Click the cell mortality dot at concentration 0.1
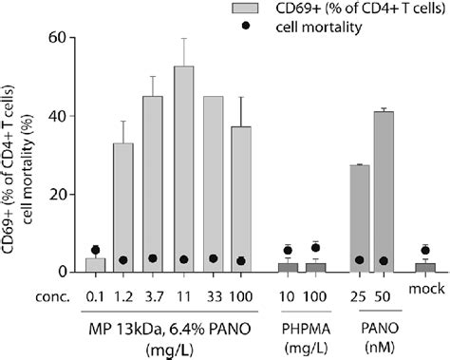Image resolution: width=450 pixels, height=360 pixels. (x=94, y=250)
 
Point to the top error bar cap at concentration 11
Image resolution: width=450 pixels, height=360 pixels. (x=184, y=39)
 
